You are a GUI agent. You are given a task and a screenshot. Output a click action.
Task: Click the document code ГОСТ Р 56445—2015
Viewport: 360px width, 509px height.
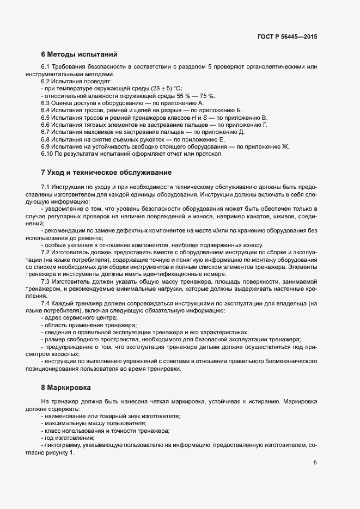(x=287, y=36)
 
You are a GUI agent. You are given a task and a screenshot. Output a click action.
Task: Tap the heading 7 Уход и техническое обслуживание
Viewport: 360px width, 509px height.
(x=106, y=173)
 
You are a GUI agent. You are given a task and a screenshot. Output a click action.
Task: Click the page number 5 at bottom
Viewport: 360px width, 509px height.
(x=315, y=463)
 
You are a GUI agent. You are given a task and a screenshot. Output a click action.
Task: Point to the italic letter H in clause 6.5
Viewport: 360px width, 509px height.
(x=177, y=118)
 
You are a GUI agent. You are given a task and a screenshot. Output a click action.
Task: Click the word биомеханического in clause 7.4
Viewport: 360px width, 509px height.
(x=290, y=361)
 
